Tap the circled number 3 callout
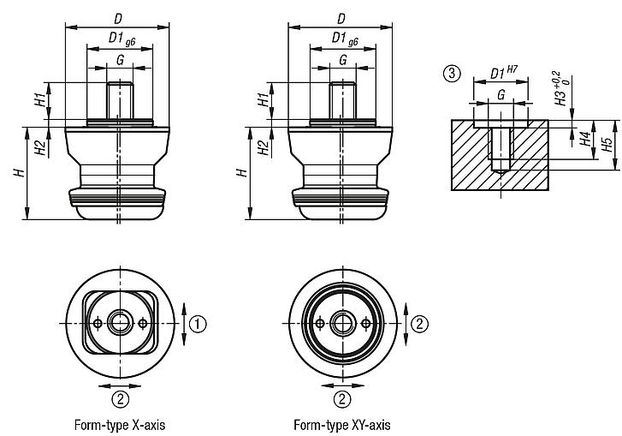451,73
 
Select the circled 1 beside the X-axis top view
198,323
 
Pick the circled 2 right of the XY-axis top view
419,323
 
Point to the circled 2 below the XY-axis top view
342,398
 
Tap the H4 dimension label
585,140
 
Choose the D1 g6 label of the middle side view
342,39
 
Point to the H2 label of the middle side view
261,146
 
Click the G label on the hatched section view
501,95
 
